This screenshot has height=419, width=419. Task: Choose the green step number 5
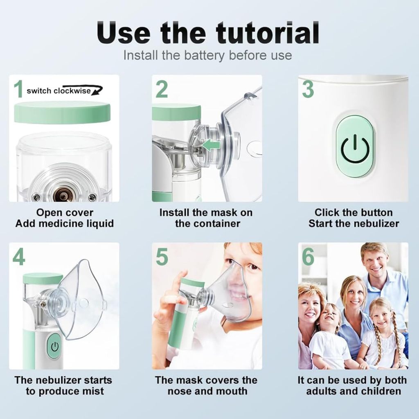[162, 257]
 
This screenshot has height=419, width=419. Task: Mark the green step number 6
[308, 257]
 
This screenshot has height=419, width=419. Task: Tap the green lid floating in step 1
[62, 112]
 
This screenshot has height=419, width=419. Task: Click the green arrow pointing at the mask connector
[211, 145]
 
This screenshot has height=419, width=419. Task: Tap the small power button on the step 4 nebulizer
[54, 347]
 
